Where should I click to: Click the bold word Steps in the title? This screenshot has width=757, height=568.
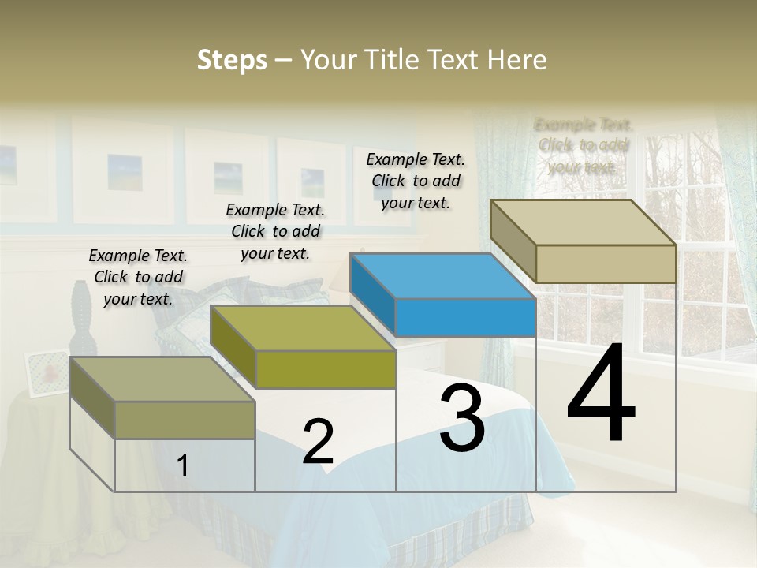click(x=232, y=60)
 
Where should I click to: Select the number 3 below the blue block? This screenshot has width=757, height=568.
click(x=461, y=417)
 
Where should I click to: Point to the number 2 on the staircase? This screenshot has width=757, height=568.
click(x=318, y=442)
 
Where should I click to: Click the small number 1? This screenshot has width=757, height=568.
click(x=183, y=466)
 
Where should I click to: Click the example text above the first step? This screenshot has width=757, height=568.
click(x=138, y=277)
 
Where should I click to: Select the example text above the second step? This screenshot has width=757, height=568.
click(x=275, y=231)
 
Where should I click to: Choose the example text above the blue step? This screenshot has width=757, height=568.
click(x=416, y=181)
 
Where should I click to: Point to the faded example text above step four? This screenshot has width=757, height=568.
click(x=583, y=145)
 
